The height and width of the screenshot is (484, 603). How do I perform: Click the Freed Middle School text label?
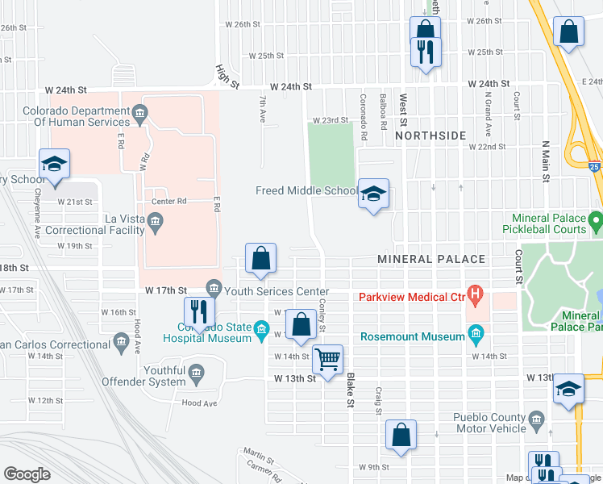point(306,191)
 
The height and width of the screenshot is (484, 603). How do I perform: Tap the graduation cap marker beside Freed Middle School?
point(373,194)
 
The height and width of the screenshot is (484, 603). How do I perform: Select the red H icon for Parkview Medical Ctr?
point(476,296)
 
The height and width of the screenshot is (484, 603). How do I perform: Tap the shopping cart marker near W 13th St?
point(327,360)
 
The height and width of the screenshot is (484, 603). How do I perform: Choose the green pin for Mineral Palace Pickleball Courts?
point(596,219)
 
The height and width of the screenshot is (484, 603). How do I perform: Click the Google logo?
point(27,474)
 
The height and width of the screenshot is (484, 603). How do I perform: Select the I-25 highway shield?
point(595,167)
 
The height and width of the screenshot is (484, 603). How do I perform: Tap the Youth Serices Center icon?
point(214,287)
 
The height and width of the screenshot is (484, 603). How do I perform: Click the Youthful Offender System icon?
point(197,372)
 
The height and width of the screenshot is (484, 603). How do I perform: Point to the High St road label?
point(228,77)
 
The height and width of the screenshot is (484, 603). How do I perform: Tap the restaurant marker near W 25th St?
point(425,52)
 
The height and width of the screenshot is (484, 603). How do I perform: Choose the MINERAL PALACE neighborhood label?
point(431,259)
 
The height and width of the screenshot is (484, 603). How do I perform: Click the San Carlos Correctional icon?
point(121,343)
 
